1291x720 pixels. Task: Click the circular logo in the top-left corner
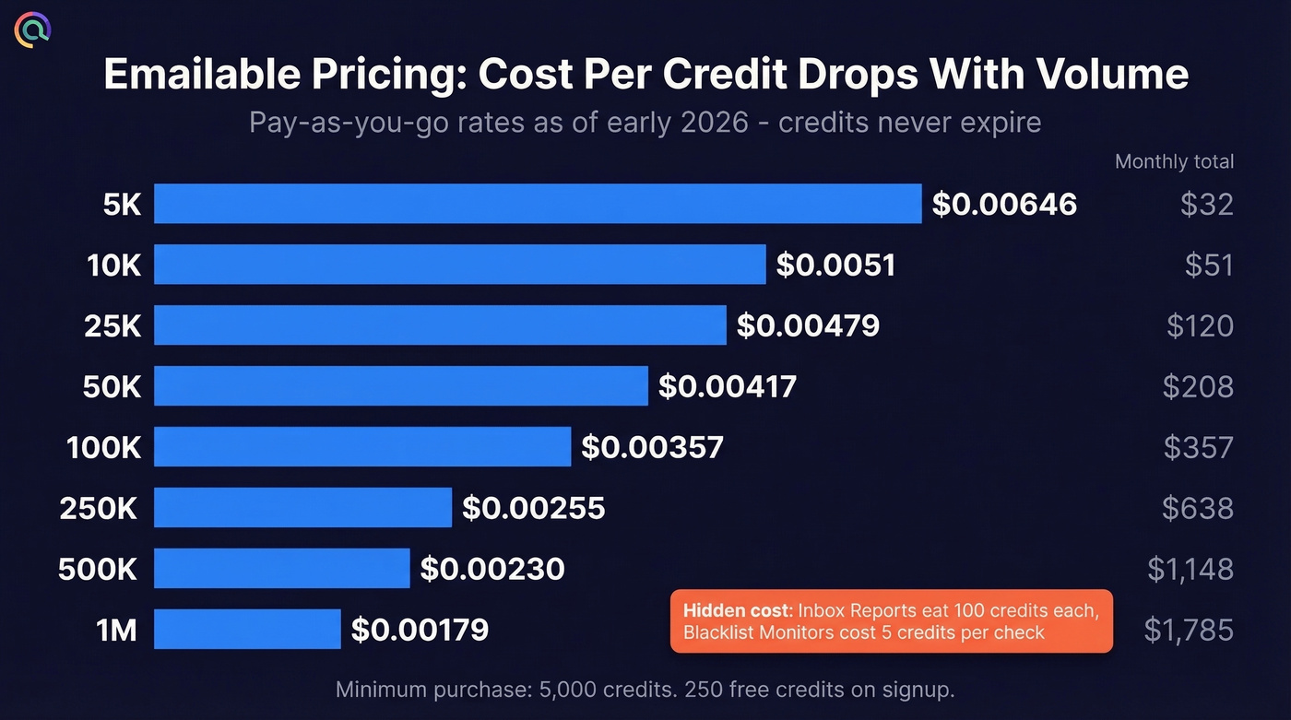tap(32, 30)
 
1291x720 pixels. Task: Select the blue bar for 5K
tap(537, 204)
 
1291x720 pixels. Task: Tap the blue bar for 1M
tap(247, 630)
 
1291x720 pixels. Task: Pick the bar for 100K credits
tap(362, 447)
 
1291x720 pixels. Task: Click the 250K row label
tap(100, 508)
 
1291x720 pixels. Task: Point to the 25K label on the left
tap(113, 325)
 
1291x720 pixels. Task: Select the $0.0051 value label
tap(835, 266)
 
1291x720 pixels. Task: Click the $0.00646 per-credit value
tap(1004, 204)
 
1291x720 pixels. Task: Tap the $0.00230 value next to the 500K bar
tap(492, 569)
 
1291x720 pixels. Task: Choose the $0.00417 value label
tap(727, 386)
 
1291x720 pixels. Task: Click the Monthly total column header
tap(1174, 161)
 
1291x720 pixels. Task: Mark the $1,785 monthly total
tap(1189, 630)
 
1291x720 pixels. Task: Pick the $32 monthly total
tap(1206, 204)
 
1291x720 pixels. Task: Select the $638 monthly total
tap(1198, 508)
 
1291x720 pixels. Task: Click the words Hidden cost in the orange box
tap(737, 610)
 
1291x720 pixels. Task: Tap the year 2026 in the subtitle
tap(717, 123)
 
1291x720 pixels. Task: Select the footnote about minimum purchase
tap(645, 690)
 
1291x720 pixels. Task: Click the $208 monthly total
tap(1198, 386)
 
